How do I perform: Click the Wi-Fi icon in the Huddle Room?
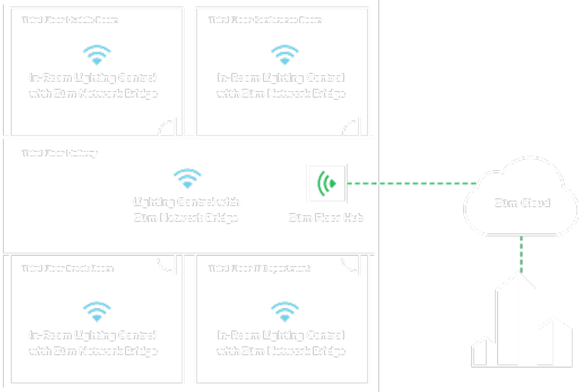pos(97,55)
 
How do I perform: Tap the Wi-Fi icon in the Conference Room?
pos(281,55)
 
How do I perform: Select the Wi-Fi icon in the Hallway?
pos(187,178)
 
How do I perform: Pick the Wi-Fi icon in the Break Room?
pos(97,312)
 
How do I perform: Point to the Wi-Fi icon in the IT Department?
pos(281,312)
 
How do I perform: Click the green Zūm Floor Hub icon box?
pos(326,183)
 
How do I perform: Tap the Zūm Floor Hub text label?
pos(326,217)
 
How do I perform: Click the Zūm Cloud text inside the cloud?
pos(521,203)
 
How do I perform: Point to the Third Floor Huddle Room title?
pos(70,20)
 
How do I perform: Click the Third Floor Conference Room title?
pos(265,20)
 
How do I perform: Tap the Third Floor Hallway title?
pos(59,153)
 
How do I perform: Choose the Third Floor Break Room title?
pos(67,268)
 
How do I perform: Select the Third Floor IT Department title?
pos(260,268)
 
